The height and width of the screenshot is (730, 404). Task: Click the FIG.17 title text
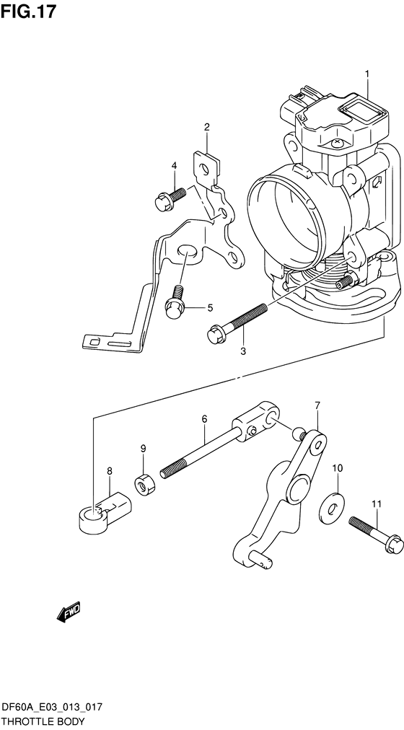28,11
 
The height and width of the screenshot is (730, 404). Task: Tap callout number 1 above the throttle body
366,74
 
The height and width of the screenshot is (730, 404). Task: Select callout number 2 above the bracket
206,127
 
